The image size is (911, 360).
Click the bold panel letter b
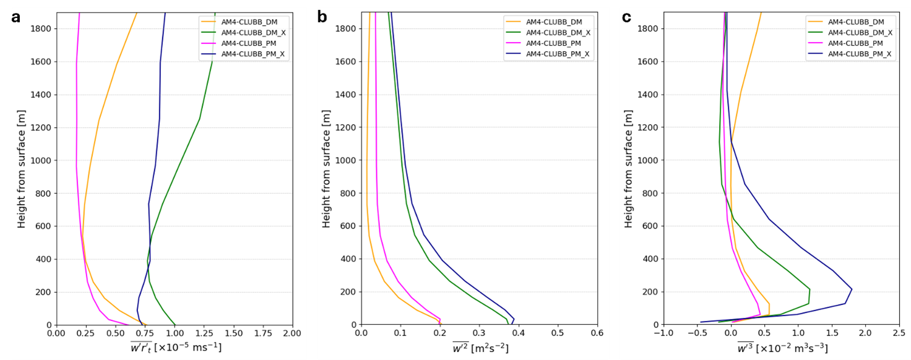point(322,17)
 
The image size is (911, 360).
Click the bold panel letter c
point(626,17)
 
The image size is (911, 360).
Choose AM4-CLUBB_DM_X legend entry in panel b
point(558,32)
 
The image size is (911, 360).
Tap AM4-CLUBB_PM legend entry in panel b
point(553,43)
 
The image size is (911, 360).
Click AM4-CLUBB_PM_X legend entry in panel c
point(860,54)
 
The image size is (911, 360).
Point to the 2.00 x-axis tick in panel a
point(292,333)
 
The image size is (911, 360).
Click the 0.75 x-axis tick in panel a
point(145,333)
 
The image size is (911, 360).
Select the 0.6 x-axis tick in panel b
point(597,333)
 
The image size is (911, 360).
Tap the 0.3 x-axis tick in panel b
point(479,333)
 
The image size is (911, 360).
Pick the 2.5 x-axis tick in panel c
point(899,333)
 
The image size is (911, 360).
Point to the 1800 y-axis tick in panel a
point(41,28)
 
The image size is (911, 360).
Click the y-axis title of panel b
point(327,169)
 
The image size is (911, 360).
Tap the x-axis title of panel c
point(782,348)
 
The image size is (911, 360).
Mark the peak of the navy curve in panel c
point(852,289)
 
